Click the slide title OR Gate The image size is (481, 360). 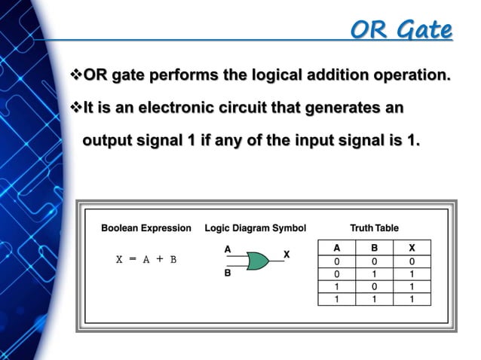[401, 30]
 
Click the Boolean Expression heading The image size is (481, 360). [146, 227]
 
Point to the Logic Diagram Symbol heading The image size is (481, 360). [256, 227]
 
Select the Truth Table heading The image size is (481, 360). [374, 227]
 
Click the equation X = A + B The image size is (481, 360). [146, 260]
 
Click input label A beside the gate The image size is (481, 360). [228, 248]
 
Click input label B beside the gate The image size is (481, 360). [228, 275]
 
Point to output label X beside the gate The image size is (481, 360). [286, 255]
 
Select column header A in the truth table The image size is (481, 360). [337, 247]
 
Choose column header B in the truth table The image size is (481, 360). [374, 247]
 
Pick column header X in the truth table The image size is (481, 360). [412, 247]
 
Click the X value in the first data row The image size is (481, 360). [412, 261]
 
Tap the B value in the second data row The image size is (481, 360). [374, 274]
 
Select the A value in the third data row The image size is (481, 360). [337, 287]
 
